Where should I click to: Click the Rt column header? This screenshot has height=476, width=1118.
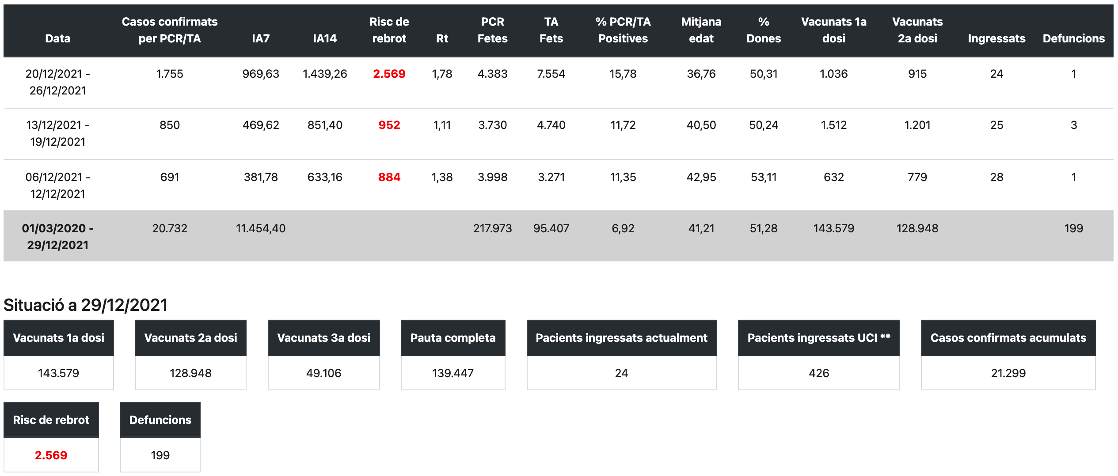(x=442, y=38)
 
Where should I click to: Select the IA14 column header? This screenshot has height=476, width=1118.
(x=324, y=38)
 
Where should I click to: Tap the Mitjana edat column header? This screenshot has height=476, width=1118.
(x=701, y=30)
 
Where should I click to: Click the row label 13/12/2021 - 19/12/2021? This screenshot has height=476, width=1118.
(x=57, y=133)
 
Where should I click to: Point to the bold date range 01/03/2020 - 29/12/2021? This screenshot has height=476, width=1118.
(x=57, y=236)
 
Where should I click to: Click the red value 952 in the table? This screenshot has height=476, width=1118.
(x=389, y=125)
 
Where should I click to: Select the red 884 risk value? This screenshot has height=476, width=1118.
(x=389, y=177)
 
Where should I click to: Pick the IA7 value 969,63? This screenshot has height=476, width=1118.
(x=260, y=74)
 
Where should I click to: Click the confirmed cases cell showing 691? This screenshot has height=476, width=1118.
(x=169, y=177)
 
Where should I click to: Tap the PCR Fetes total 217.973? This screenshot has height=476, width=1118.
(x=492, y=228)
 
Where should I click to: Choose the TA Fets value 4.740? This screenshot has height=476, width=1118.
(x=551, y=125)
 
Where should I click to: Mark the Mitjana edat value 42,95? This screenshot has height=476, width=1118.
(x=701, y=177)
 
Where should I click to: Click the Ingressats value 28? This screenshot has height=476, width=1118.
(x=996, y=177)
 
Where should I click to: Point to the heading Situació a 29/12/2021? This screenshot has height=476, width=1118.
(x=85, y=305)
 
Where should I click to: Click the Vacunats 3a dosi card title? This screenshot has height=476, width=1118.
(x=323, y=338)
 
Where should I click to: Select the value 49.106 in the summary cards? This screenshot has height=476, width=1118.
(x=323, y=373)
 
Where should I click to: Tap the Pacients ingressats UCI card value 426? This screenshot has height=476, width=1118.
(x=818, y=373)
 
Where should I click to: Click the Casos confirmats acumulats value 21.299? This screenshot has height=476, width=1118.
(x=1008, y=373)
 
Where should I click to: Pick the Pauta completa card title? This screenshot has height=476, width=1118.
(x=453, y=338)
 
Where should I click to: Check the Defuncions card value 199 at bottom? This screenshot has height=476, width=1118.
(x=160, y=455)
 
